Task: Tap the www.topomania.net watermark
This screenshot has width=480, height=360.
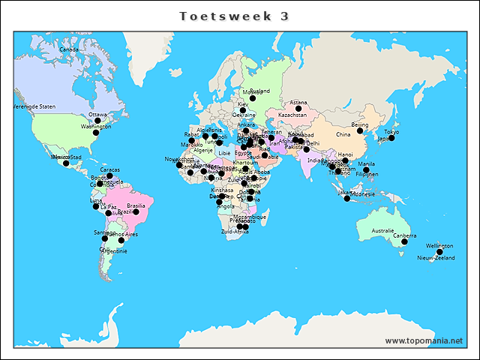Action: tap(424, 340)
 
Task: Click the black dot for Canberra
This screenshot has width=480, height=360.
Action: tap(404, 242)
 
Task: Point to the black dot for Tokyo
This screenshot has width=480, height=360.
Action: tap(391, 139)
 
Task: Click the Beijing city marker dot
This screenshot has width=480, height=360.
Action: tap(360, 130)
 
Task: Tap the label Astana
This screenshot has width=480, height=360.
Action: tap(298, 103)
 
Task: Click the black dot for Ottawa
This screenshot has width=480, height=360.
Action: tap(97, 121)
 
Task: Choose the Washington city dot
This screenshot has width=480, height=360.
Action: tap(95, 133)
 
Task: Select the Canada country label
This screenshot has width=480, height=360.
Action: tap(69, 49)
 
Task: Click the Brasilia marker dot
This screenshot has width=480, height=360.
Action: tap(136, 212)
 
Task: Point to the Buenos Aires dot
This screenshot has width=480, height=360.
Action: tap(121, 241)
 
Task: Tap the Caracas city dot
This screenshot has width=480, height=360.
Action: tap(109, 175)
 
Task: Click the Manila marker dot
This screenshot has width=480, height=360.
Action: tap(366, 170)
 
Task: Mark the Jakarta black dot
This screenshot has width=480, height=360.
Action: tap(346, 199)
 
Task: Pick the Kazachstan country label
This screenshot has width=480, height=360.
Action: tap(292, 115)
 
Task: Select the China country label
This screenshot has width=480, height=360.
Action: tap(343, 134)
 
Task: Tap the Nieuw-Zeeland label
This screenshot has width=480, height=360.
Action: tap(436, 258)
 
